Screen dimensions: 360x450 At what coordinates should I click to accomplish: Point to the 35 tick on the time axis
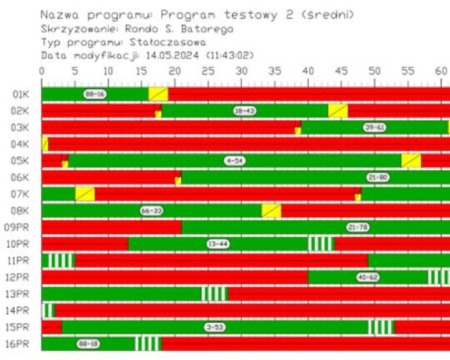point(241,70)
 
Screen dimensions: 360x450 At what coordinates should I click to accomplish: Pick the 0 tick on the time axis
point(43,70)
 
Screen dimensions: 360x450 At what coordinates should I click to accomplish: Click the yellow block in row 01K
point(158,94)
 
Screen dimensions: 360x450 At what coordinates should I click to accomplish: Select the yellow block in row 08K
point(271,211)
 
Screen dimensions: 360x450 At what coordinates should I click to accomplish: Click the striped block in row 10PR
point(321,244)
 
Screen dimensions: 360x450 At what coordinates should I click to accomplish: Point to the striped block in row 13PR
point(215,294)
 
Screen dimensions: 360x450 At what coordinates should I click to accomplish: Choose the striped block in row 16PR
point(148,344)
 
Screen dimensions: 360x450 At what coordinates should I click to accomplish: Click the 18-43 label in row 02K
point(244,111)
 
